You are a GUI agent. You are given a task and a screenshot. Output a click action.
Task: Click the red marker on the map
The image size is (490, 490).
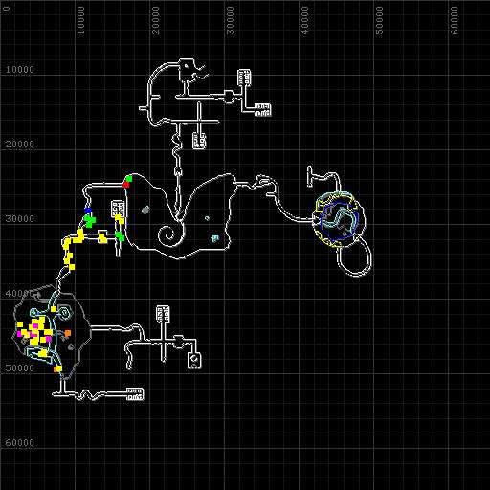pyautogui.click(x=126, y=185)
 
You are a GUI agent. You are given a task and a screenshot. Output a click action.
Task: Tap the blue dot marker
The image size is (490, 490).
pyautogui.click(x=88, y=211)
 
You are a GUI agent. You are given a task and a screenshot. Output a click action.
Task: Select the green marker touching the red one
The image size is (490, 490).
pyautogui.click(x=129, y=179)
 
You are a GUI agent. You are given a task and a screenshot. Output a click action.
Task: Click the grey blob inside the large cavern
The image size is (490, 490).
pyautogui.click(x=145, y=210)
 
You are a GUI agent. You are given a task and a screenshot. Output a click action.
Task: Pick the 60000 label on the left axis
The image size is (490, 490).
pyautogui.click(x=20, y=443)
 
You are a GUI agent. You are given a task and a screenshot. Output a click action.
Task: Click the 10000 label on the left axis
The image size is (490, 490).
pyautogui.click(x=20, y=70)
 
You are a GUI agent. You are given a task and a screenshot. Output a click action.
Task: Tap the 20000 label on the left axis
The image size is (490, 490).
pyautogui.click(x=20, y=145)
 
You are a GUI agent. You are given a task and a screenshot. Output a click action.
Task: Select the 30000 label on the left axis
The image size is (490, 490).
pyautogui.click(x=20, y=219)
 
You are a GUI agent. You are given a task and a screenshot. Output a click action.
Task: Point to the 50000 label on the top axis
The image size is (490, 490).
pyautogui.click(x=379, y=20)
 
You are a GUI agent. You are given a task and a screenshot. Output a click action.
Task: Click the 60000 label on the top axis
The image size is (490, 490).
pyautogui.click(x=455, y=20)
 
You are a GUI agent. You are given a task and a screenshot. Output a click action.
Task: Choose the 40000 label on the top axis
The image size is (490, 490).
pyautogui.click(x=305, y=20)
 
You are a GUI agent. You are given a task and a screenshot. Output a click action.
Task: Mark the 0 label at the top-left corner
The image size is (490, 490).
pyautogui.click(x=7, y=9)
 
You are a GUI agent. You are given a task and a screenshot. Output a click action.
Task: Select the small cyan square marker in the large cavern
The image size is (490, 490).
pyautogui.click(x=215, y=238)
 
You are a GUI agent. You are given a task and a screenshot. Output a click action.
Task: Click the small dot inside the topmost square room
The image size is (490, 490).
pyautogui.click(x=186, y=67)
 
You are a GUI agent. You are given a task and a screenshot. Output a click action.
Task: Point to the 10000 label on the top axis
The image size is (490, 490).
pyautogui.click(x=81, y=20)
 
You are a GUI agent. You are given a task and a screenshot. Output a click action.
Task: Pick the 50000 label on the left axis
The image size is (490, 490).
pyautogui.click(x=20, y=368)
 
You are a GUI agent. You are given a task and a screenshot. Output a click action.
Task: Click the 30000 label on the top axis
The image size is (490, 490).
pyautogui.click(x=231, y=20)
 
